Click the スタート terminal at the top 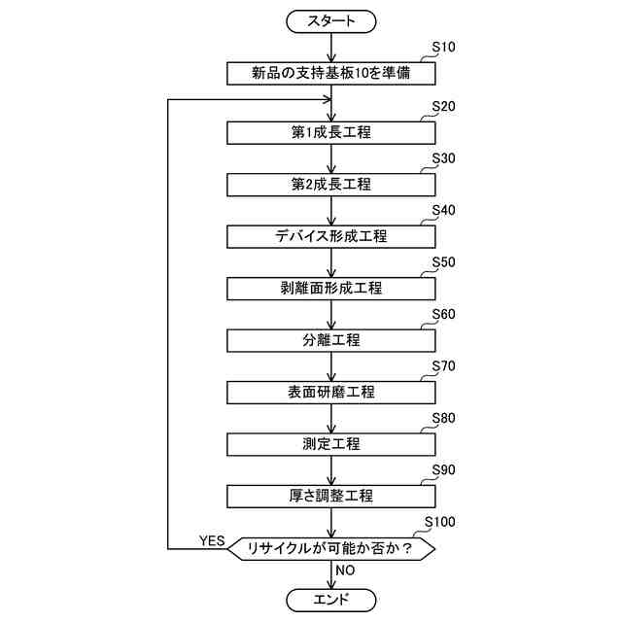331,19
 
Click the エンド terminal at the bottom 331,599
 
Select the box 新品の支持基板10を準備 331,73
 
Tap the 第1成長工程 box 331,131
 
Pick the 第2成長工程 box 331,184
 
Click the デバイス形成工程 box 331,236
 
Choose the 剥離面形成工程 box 331,289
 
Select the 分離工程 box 331,340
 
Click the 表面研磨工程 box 331,393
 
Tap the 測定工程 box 331,444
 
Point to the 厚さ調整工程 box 331,496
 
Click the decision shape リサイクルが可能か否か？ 331,549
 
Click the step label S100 440,522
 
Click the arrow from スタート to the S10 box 331,47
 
